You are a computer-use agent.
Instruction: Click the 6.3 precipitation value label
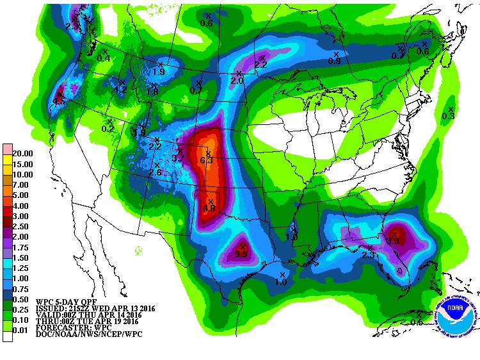click(x=206, y=160)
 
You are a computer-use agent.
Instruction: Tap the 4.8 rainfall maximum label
click(x=209, y=208)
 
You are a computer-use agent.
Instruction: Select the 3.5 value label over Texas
click(x=241, y=254)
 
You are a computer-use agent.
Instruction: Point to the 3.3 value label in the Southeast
click(x=392, y=241)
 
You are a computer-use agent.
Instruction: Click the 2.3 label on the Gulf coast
click(x=368, y=254)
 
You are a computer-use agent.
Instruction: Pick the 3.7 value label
click(x=178, y=158)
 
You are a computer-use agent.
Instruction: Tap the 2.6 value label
click(x=155, y=172)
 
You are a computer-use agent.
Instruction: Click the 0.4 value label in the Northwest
click(x=103, y=58)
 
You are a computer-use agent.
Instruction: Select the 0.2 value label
click(x=108, y=129)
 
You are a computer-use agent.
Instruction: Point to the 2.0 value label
click(x=237, y=81)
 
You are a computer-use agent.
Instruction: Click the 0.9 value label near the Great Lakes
click(x=334, y=61)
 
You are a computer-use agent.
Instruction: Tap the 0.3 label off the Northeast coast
click(x=448, y=116)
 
